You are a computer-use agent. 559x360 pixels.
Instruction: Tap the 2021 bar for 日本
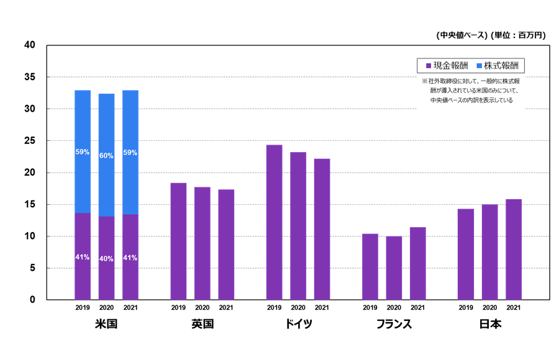point(514,250)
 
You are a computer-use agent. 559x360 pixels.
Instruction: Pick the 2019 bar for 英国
point(178,241)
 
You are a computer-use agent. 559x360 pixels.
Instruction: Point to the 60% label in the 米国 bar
point(106,156)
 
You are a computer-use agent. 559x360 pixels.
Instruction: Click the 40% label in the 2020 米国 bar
point(106,258)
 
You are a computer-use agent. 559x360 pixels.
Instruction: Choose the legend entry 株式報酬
point(501,65)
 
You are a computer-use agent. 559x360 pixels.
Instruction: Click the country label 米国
point(106,324)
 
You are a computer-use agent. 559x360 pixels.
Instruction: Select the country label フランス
point(394,324)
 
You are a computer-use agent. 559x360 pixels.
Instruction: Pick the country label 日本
point(490,324)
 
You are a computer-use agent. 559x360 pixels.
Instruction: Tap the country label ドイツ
point(298,324)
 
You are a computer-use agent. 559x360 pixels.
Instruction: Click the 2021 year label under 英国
point(226,308)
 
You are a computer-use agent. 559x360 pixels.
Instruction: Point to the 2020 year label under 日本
point(490,308)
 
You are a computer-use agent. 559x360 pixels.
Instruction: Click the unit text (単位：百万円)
point(518,35)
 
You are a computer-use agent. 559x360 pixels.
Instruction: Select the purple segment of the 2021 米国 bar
point(130,257)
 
